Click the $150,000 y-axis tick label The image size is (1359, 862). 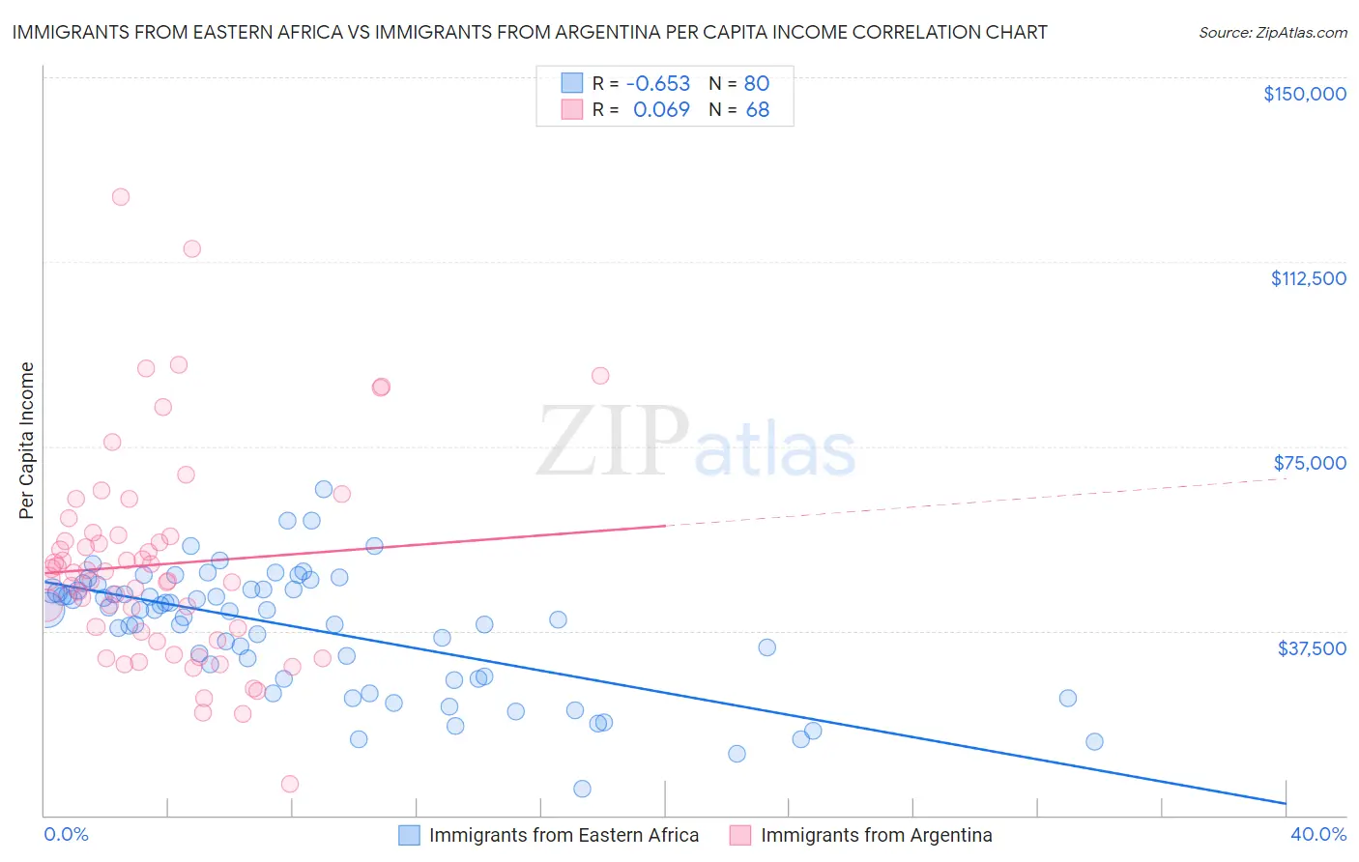[x=1304, y=94]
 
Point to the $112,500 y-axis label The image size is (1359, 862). [x=1308, y=278]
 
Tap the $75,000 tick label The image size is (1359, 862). [x=1310, y=463]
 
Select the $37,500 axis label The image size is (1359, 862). [x=1311, y=648]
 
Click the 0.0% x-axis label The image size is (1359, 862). [x=66, y=834]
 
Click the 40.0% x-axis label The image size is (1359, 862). [x=1317, y=834]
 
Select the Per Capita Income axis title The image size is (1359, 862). [x=27, y=440]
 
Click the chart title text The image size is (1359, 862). [x=529, y=33]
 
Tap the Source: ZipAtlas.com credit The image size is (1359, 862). [x=1272, y=33]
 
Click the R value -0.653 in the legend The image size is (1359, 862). [x=658, y=83]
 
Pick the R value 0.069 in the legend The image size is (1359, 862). [x=661, y=110]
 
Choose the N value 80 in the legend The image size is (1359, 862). [x=757, y=83]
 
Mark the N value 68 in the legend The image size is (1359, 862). [x=757, y=110]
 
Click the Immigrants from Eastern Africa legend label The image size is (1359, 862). [x=564, y=835]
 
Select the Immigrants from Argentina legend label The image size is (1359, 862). [x=876, y=835]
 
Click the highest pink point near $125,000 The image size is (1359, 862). [x=121, y=197]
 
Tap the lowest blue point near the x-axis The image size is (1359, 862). [x=582, y=789]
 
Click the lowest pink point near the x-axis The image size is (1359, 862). [x=290, y=784]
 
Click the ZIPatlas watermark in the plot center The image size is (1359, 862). [x=696, y=443]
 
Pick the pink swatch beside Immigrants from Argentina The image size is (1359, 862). [x=740, y=835]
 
